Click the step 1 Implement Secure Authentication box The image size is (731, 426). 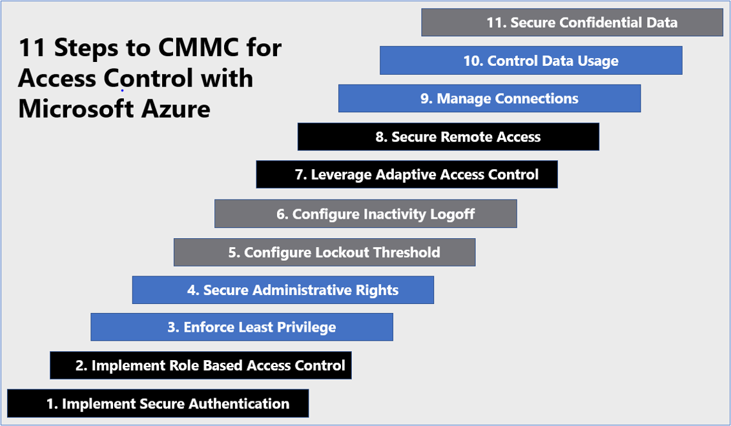[x=158, y=403]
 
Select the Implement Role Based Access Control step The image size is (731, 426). [x=201, y=365]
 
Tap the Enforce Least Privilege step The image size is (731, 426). [x=242, y=327]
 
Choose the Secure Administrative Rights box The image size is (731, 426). [x=283, y=290]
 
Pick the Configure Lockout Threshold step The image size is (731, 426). [x=324, y=252]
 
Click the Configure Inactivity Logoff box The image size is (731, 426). [x=366, y=214]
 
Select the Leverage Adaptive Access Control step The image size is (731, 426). [x=407, y=174]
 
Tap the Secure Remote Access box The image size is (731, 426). [x=449, y=137]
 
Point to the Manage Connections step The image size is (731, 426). [x=489, y=98]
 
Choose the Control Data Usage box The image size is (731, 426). [x=531, y=60]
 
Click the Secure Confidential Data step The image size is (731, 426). [x=573, y=23]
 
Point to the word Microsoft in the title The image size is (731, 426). [x=77, y=109]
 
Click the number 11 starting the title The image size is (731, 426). [x=33, y=48]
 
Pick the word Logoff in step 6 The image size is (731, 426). [x=452, y=214]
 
